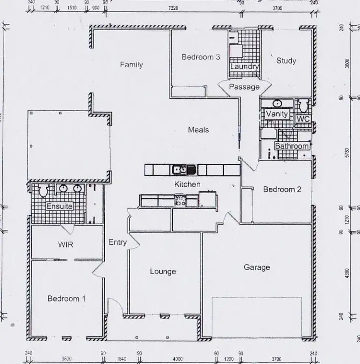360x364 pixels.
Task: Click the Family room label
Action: coord(131,65)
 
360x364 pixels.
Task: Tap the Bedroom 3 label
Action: coord(201,57)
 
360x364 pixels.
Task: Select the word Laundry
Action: coord(244,67)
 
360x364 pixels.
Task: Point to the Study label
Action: coord(286,61)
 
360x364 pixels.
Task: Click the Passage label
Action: coord(244,87)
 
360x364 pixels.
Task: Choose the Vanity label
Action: coord(276,114)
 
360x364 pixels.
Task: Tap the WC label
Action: coord(303,118)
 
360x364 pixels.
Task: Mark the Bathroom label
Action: coord(291,146)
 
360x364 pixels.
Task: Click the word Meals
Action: coord(198,129)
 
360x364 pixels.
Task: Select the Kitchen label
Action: coord(187,184)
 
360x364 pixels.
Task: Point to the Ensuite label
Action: coord(59,206)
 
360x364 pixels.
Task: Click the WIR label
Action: coord(66,245)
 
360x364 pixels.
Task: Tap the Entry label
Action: coord(118,242)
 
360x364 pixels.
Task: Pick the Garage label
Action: coord(257,267)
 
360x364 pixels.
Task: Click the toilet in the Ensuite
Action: coord(43,190)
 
